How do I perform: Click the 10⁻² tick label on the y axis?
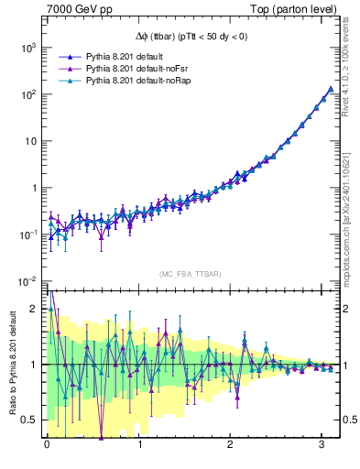point(26,280)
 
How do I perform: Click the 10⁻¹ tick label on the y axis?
point(26,234)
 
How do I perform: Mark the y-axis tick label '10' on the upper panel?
point(29,141)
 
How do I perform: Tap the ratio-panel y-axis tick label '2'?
point(33,309)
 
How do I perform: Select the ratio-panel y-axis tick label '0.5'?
point(29,420)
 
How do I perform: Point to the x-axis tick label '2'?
point(233,447)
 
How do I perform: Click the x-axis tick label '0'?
point(48,447)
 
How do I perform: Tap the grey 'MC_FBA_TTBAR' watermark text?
point(190,275)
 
